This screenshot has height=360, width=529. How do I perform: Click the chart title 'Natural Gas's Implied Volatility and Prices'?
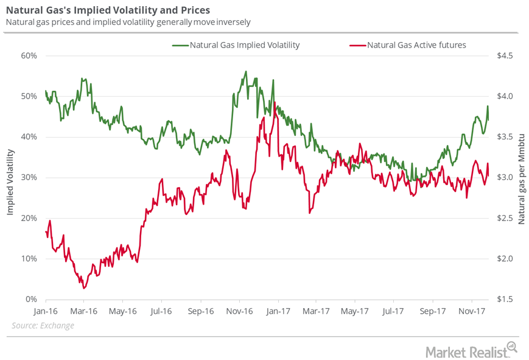tap(108, 10)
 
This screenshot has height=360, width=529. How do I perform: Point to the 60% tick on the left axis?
tap(29, 55)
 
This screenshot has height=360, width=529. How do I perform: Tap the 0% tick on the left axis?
tap(32, 299)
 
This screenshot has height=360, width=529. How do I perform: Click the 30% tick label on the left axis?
tap(29, 177)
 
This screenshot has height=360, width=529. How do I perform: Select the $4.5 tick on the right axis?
tap(506, 55)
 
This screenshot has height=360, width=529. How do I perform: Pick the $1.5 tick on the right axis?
tap(506, 299)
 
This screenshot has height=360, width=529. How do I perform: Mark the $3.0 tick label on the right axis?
tap(506, 177)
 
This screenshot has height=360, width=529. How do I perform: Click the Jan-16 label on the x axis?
tap(46, 311)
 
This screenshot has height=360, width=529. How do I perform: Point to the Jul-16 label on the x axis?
tap(161, 311)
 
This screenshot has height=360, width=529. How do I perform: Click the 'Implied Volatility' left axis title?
tap(10, 177)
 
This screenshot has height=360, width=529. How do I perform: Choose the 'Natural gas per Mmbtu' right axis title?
tap(521, 177)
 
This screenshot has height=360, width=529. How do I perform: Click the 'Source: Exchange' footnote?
tap(43, 326)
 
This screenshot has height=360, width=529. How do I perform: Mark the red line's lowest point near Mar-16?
tap(83, 288)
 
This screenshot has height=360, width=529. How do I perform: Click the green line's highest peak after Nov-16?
tap(246, 71)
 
